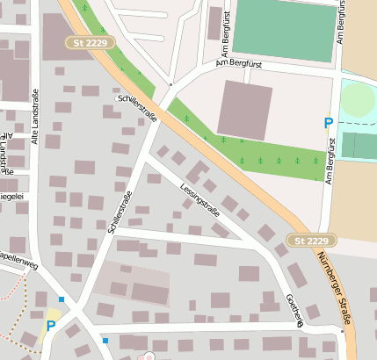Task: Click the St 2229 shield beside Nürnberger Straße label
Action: pos(312,241)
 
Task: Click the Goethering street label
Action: pos(294,310)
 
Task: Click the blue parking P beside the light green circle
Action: pos(329,124)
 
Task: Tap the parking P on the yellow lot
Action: pos(49,326)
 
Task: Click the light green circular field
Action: pos(357,100)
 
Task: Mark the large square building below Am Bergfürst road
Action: pos(244,111)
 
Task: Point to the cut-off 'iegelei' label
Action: pos(11,196)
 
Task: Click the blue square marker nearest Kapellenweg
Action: pos(61,299)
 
